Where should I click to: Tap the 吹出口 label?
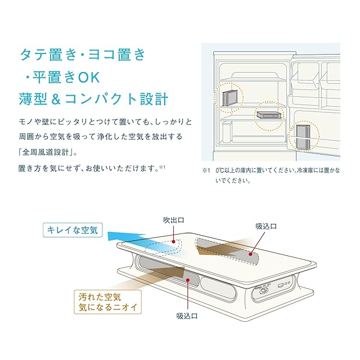(x=174, y=220)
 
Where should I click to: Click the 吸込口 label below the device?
(x=187, y=316)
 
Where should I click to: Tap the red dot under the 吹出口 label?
(x=175, y=243)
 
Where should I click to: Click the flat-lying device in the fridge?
(x=268, y=114)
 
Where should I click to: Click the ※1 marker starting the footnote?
(x=205, y=170)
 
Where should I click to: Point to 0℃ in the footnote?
(x=218, y=170)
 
